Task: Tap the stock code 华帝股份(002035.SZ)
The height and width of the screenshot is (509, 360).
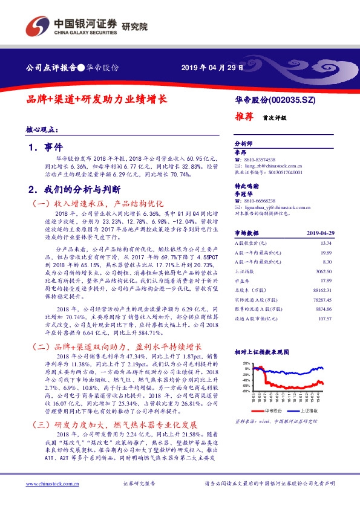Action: click(275, 99)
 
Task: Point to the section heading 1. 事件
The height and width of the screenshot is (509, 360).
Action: click(46, 147)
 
